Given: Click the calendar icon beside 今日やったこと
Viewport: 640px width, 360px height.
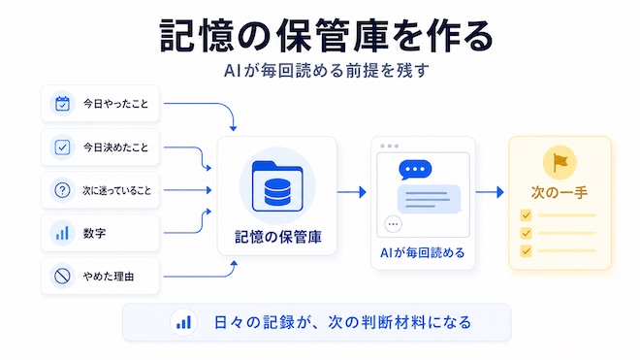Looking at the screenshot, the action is click(62, 104).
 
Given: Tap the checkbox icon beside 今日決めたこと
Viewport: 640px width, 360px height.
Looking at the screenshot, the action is click(62, 147).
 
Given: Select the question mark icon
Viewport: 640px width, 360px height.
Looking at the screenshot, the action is click(62, 190).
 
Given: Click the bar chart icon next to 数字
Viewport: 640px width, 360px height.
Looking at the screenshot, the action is click(62, 233).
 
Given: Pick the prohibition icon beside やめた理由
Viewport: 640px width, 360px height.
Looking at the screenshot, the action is click(62, 277).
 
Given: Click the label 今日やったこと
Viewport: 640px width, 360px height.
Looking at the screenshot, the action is click(116, 104).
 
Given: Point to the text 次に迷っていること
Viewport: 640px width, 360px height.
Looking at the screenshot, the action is click(116, 190).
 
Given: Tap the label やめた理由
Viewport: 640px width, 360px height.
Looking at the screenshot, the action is click(109, 277).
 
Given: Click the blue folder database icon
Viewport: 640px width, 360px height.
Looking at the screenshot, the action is click(277, 186).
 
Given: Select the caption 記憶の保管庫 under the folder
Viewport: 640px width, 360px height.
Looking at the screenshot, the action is click(278, 237).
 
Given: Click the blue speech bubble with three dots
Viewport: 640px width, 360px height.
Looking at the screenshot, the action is click(415, 170).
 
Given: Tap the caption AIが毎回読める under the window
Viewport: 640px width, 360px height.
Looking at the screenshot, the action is click(423, 253).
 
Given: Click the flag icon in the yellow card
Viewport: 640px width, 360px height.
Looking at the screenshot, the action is click(560, 163).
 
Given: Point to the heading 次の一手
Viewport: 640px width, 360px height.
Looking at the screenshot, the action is click(560, 192).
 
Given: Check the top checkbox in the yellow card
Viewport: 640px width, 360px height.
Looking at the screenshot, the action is click(527, 215).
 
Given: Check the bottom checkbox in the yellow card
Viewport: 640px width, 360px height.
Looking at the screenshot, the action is click(527, 250).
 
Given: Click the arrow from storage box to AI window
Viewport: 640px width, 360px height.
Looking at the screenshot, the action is click(351, 192).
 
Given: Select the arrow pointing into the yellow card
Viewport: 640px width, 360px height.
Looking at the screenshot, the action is click(490, 192).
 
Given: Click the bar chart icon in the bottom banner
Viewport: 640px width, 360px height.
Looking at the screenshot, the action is click(183, 322).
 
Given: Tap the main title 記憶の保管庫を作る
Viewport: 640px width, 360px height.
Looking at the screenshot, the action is click(326, 36).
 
